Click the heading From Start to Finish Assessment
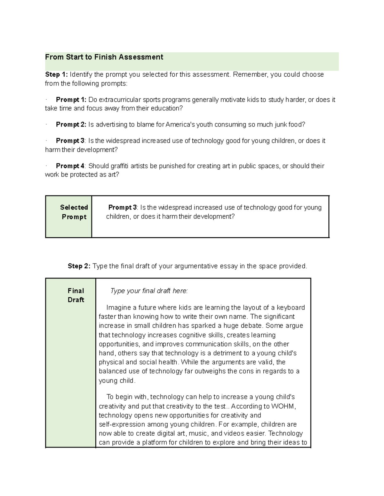point(104,57)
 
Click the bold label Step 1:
point(56,74)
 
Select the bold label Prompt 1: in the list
point(71,100)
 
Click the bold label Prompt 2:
point(71,125)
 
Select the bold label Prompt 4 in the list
point(70,166)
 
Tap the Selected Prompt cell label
point(74,212)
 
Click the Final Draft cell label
point(76,295)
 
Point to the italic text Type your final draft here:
point(149,291)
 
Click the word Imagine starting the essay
point(119,308)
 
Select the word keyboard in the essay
point(291,308)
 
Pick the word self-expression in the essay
point(122,424)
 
